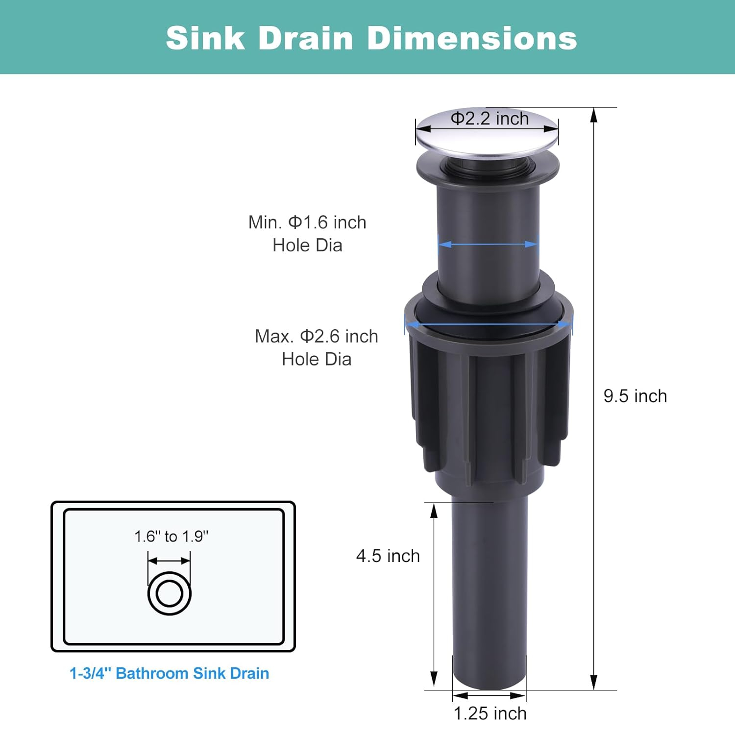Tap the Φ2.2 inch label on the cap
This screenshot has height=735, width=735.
[490, 119]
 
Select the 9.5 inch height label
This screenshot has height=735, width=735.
[635, 396]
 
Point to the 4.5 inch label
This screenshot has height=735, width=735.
[388, 556]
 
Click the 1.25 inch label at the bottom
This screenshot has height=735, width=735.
[490, 713]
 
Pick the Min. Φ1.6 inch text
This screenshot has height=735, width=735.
[307, 222]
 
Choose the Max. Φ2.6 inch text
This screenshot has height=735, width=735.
[317, 337]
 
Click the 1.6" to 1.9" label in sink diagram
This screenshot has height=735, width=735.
[171, 537]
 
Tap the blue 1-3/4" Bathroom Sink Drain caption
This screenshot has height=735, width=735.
[169, 673]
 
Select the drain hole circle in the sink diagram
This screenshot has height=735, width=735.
[169, 593]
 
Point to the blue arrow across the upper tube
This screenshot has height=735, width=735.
[488, 244]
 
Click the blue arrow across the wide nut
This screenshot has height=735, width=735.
[488, 324]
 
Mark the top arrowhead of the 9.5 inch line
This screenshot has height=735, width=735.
[593, 115]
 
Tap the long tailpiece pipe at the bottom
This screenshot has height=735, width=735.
[489, 588]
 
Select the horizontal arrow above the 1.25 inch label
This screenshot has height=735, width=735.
[489, 696]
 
